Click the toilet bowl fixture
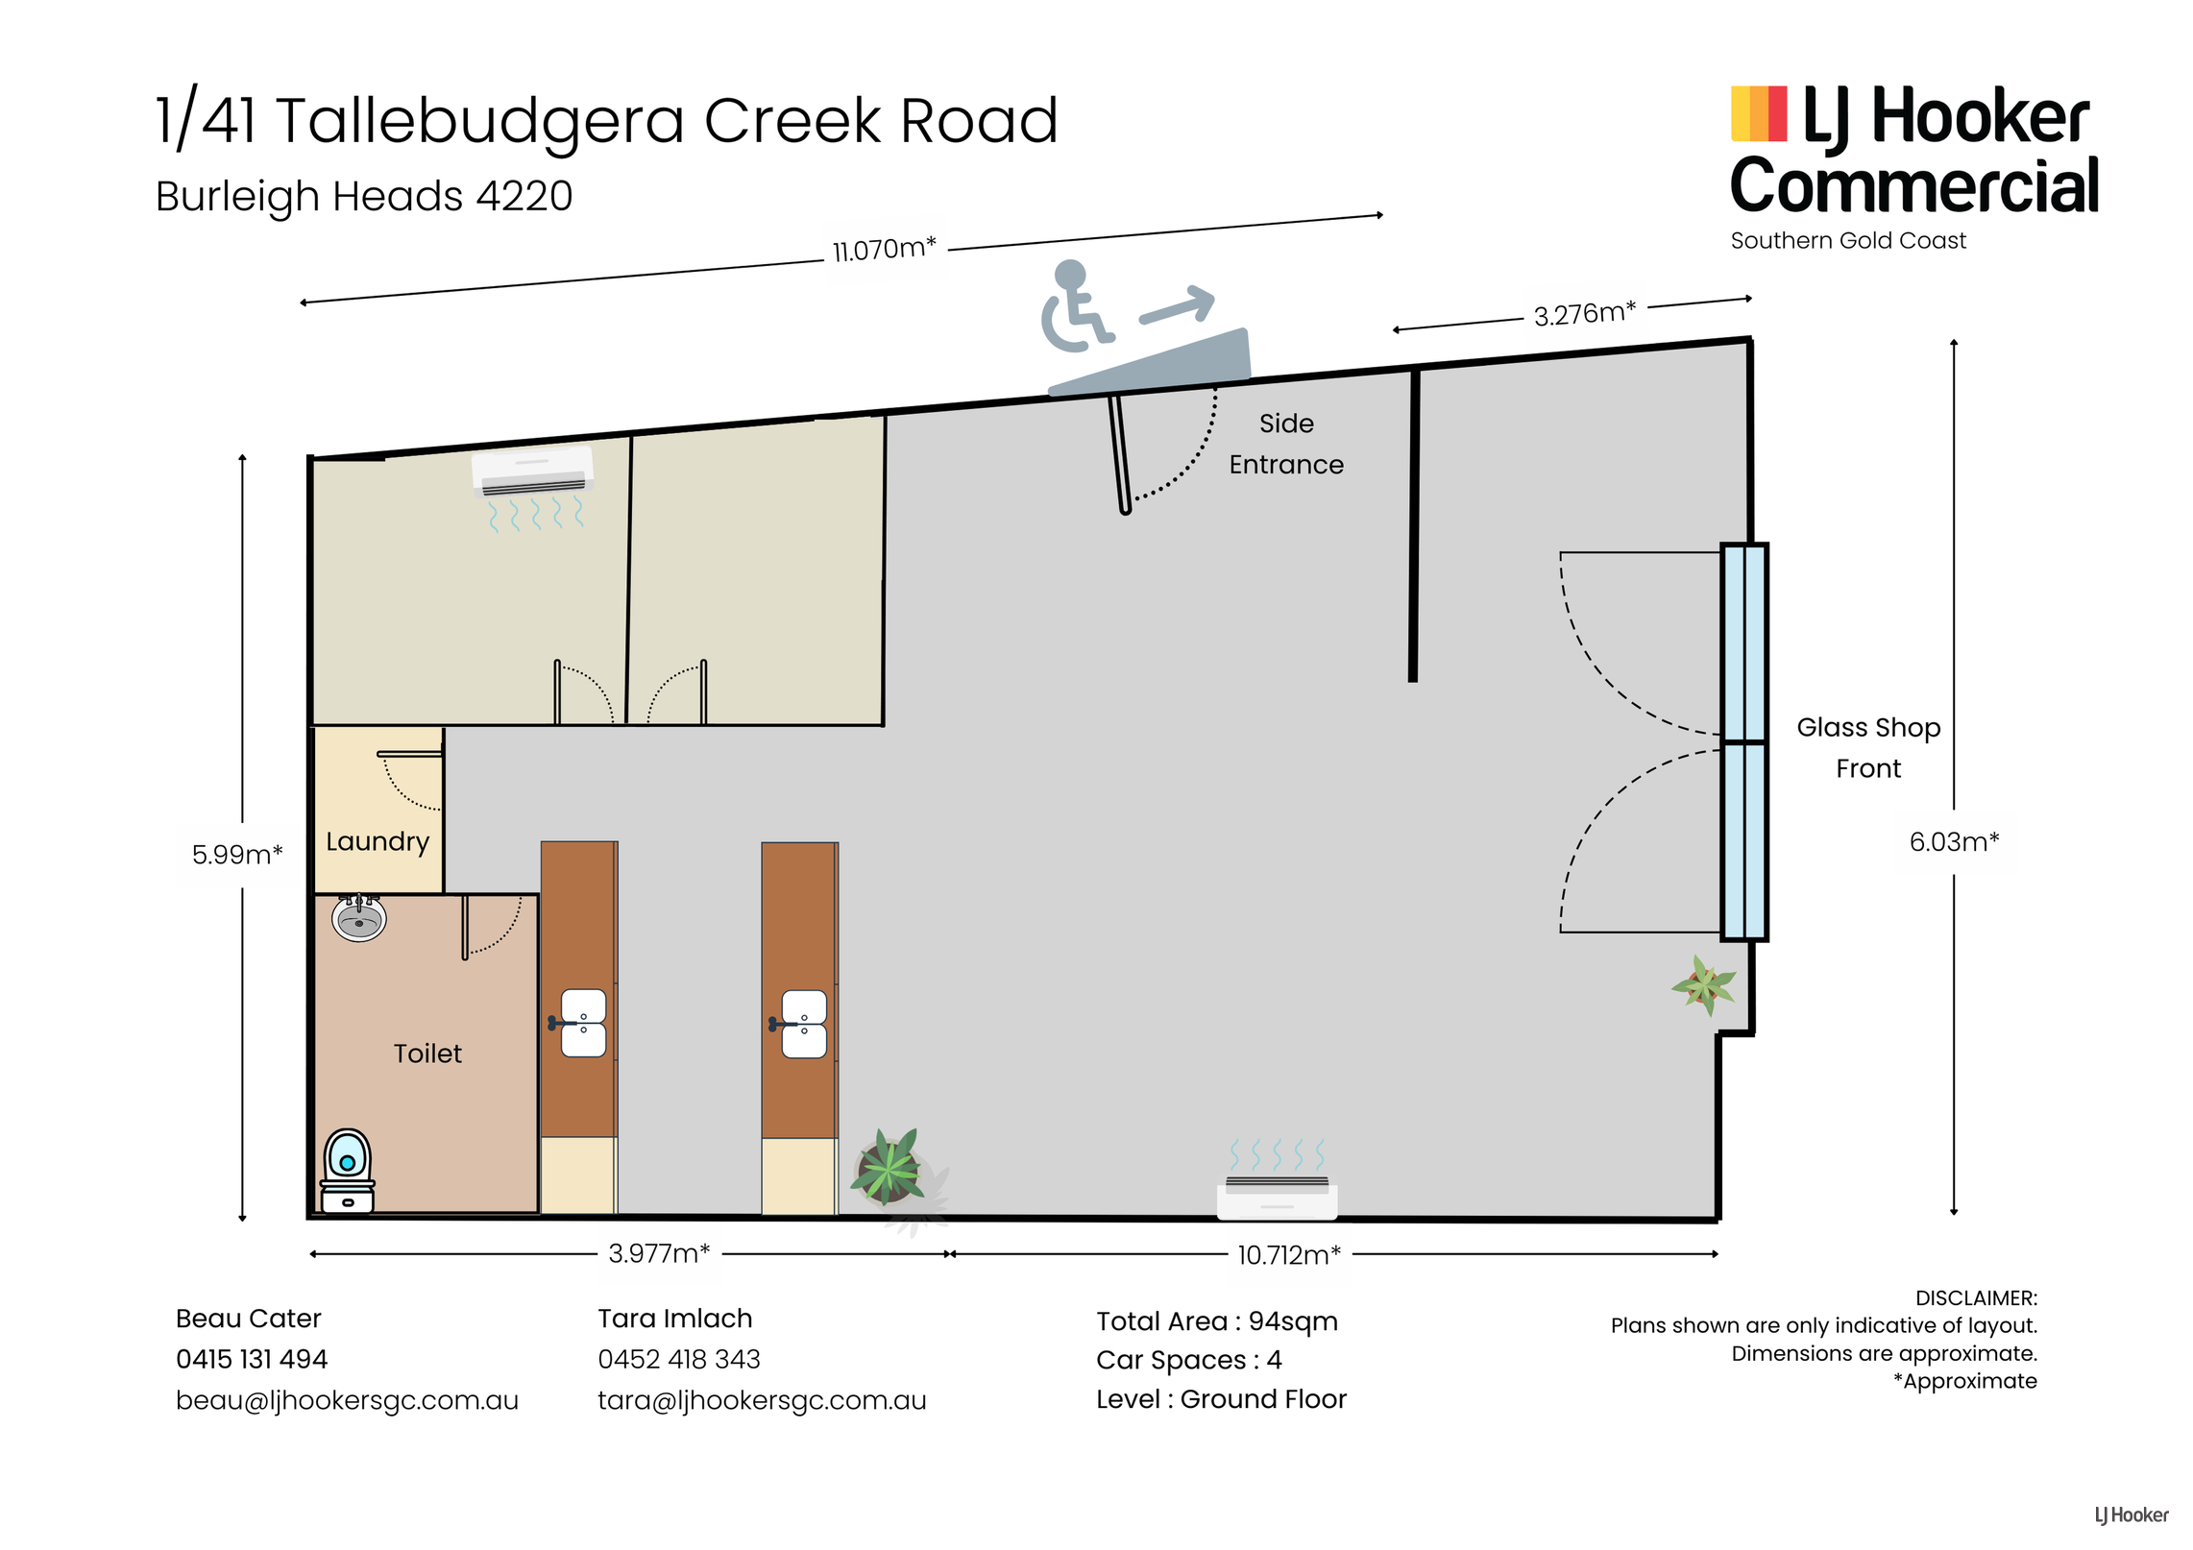click(x=347, y=1170)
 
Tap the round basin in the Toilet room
click(x=358, y=918)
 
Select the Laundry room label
click(x=378, y=841)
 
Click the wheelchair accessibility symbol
click(x=1076, y=305)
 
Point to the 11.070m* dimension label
click(x=884, y=250)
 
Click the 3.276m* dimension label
click(x=1584, y=313)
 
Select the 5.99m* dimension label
click(x=237, y=854)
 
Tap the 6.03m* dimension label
click(x=1954, y=842)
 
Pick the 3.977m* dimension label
click(x=659, y=1253)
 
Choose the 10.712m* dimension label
click(x=1288, y=1255)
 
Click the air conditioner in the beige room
click(x=532, y=472)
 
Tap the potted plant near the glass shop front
click(x=1704, y=985)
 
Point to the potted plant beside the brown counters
click(x=889, y=1170)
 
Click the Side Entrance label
click(x=1286, y=444)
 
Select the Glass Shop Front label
click(x=1868, y=748)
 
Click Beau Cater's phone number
click(x=252, y=1359)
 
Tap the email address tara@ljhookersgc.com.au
click(x=762, y=1400)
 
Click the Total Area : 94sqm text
click(x=1217, y=1321)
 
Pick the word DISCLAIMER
click(x=1976, y=1298)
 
